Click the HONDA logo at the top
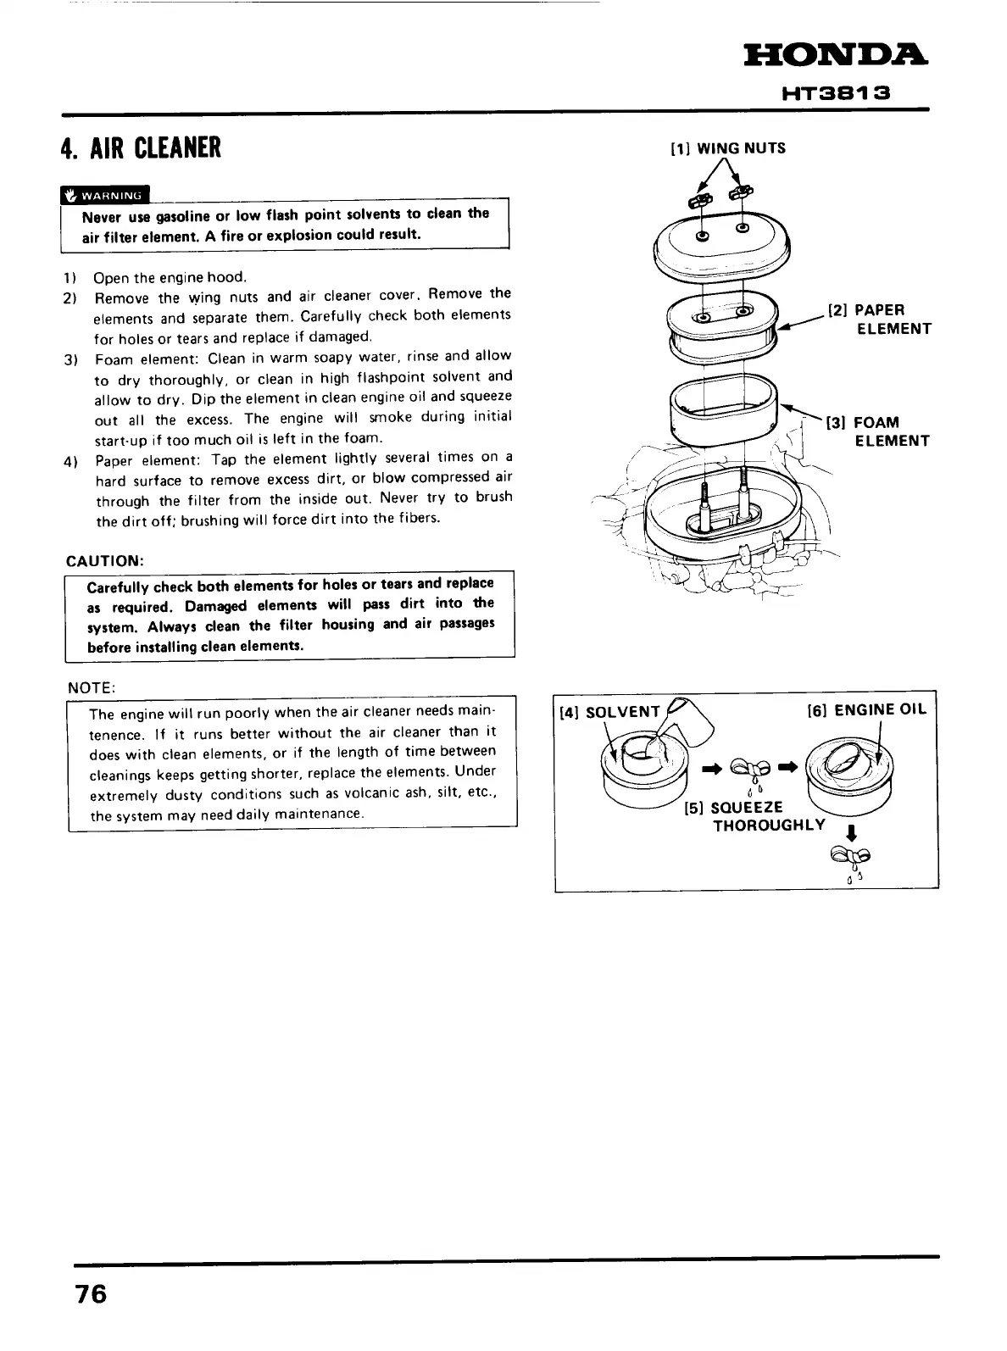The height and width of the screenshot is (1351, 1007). coord(835,58)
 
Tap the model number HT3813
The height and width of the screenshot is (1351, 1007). coord(835,93)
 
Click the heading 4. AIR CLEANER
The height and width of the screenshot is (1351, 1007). coord(141,147)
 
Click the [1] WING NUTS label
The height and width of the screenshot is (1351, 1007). coord(728,149)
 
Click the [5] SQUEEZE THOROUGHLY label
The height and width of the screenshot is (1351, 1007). coord(754,816)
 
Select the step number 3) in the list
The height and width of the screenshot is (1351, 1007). coord(71,359)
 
